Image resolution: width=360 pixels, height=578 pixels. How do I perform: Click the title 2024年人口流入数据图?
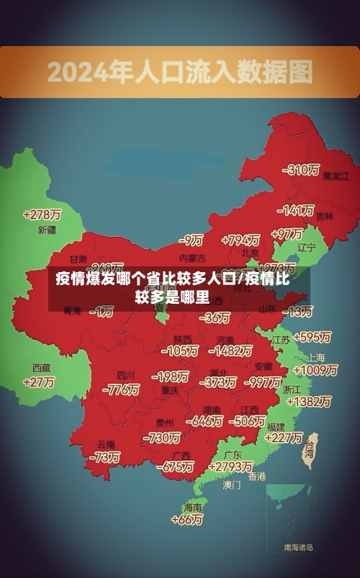point(180,72)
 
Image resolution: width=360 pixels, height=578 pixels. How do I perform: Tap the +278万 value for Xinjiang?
point(42,215)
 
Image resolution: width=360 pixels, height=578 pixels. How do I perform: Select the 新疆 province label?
point(47,230)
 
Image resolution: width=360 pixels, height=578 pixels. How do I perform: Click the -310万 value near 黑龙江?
point(302,170)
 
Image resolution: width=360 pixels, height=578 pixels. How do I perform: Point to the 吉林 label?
point(325,216)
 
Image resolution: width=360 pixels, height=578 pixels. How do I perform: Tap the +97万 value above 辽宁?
point(287,234)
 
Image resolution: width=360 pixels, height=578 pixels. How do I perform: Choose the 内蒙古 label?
point(192,258)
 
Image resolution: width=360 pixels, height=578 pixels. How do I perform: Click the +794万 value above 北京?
point(240,240)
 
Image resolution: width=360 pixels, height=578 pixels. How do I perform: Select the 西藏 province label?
point(41,367)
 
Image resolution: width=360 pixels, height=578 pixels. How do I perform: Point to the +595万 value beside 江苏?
point(312,337)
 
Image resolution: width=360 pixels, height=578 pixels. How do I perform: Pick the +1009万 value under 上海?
point(315,370)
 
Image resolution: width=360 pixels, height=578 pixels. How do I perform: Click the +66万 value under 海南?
point(189,520)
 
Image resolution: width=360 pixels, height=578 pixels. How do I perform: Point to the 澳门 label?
point(232,485)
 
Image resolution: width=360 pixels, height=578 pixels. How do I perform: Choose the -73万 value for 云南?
point(105,457)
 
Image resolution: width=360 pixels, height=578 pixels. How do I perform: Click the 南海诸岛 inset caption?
point(298,548)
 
